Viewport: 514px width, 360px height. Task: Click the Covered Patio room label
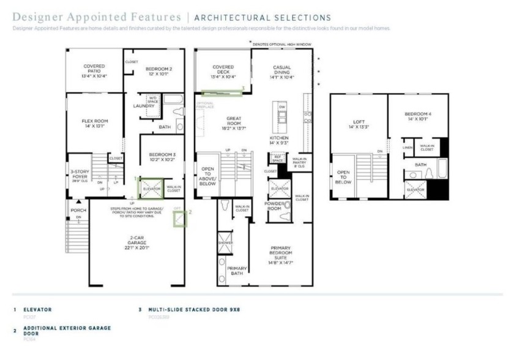coord(94,70)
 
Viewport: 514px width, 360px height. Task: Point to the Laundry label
coord(144,106)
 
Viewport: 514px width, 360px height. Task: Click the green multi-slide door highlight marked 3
coord(221,92)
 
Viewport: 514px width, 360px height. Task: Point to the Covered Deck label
coord(223,70)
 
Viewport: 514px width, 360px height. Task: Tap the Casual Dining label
coord(282,72)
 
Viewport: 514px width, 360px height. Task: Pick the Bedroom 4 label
coord(419,116)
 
